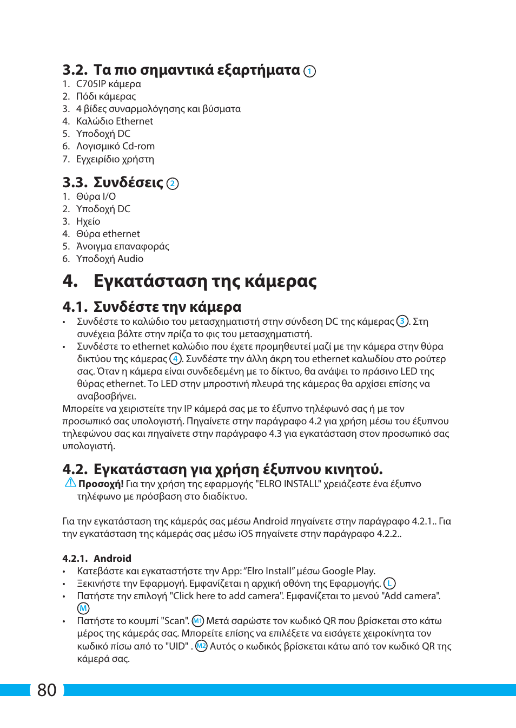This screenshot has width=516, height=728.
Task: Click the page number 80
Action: (47, 690)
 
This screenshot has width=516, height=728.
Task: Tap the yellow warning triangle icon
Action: (70, 483)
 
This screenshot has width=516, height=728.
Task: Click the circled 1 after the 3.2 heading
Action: (309, 71)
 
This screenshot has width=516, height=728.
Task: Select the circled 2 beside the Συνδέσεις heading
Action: (173, 183)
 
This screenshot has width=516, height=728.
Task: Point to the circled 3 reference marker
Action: (402, 321)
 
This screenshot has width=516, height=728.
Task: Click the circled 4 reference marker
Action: (175, 358)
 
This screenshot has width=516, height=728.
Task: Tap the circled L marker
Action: (389, 583)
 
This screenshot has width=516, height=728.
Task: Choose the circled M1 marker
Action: (198, 621)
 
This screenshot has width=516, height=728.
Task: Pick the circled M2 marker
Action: (201, 646)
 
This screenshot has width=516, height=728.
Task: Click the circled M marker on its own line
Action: (83, 608)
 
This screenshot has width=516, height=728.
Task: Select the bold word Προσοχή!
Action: (101, 484)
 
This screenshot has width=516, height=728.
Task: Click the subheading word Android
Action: (113, 559)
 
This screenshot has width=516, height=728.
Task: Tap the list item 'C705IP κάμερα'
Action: (108, 84)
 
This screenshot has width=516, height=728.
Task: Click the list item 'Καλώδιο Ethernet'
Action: (114, 121)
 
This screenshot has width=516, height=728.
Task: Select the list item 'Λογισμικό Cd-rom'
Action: (115, 146)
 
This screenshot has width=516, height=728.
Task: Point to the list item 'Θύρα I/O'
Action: (96, 196)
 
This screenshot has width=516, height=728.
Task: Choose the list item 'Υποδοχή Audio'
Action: (109, 259)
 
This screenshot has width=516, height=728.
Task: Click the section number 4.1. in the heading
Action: (75, 307)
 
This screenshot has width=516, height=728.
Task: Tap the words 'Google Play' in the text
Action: (347, 571)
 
